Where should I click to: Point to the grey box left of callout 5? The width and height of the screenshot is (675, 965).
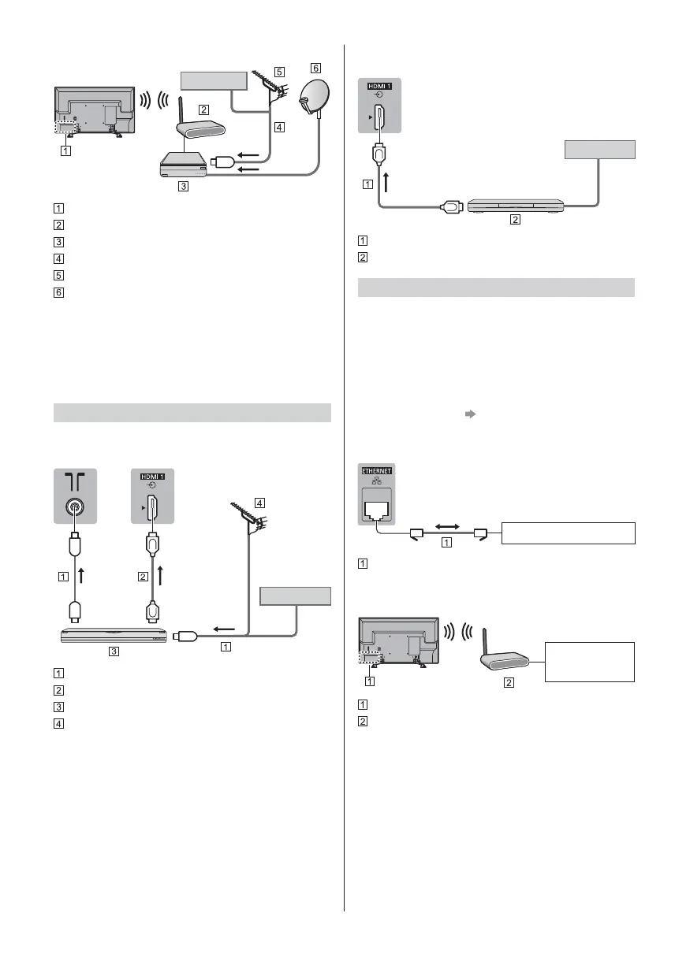pos(213,80)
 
